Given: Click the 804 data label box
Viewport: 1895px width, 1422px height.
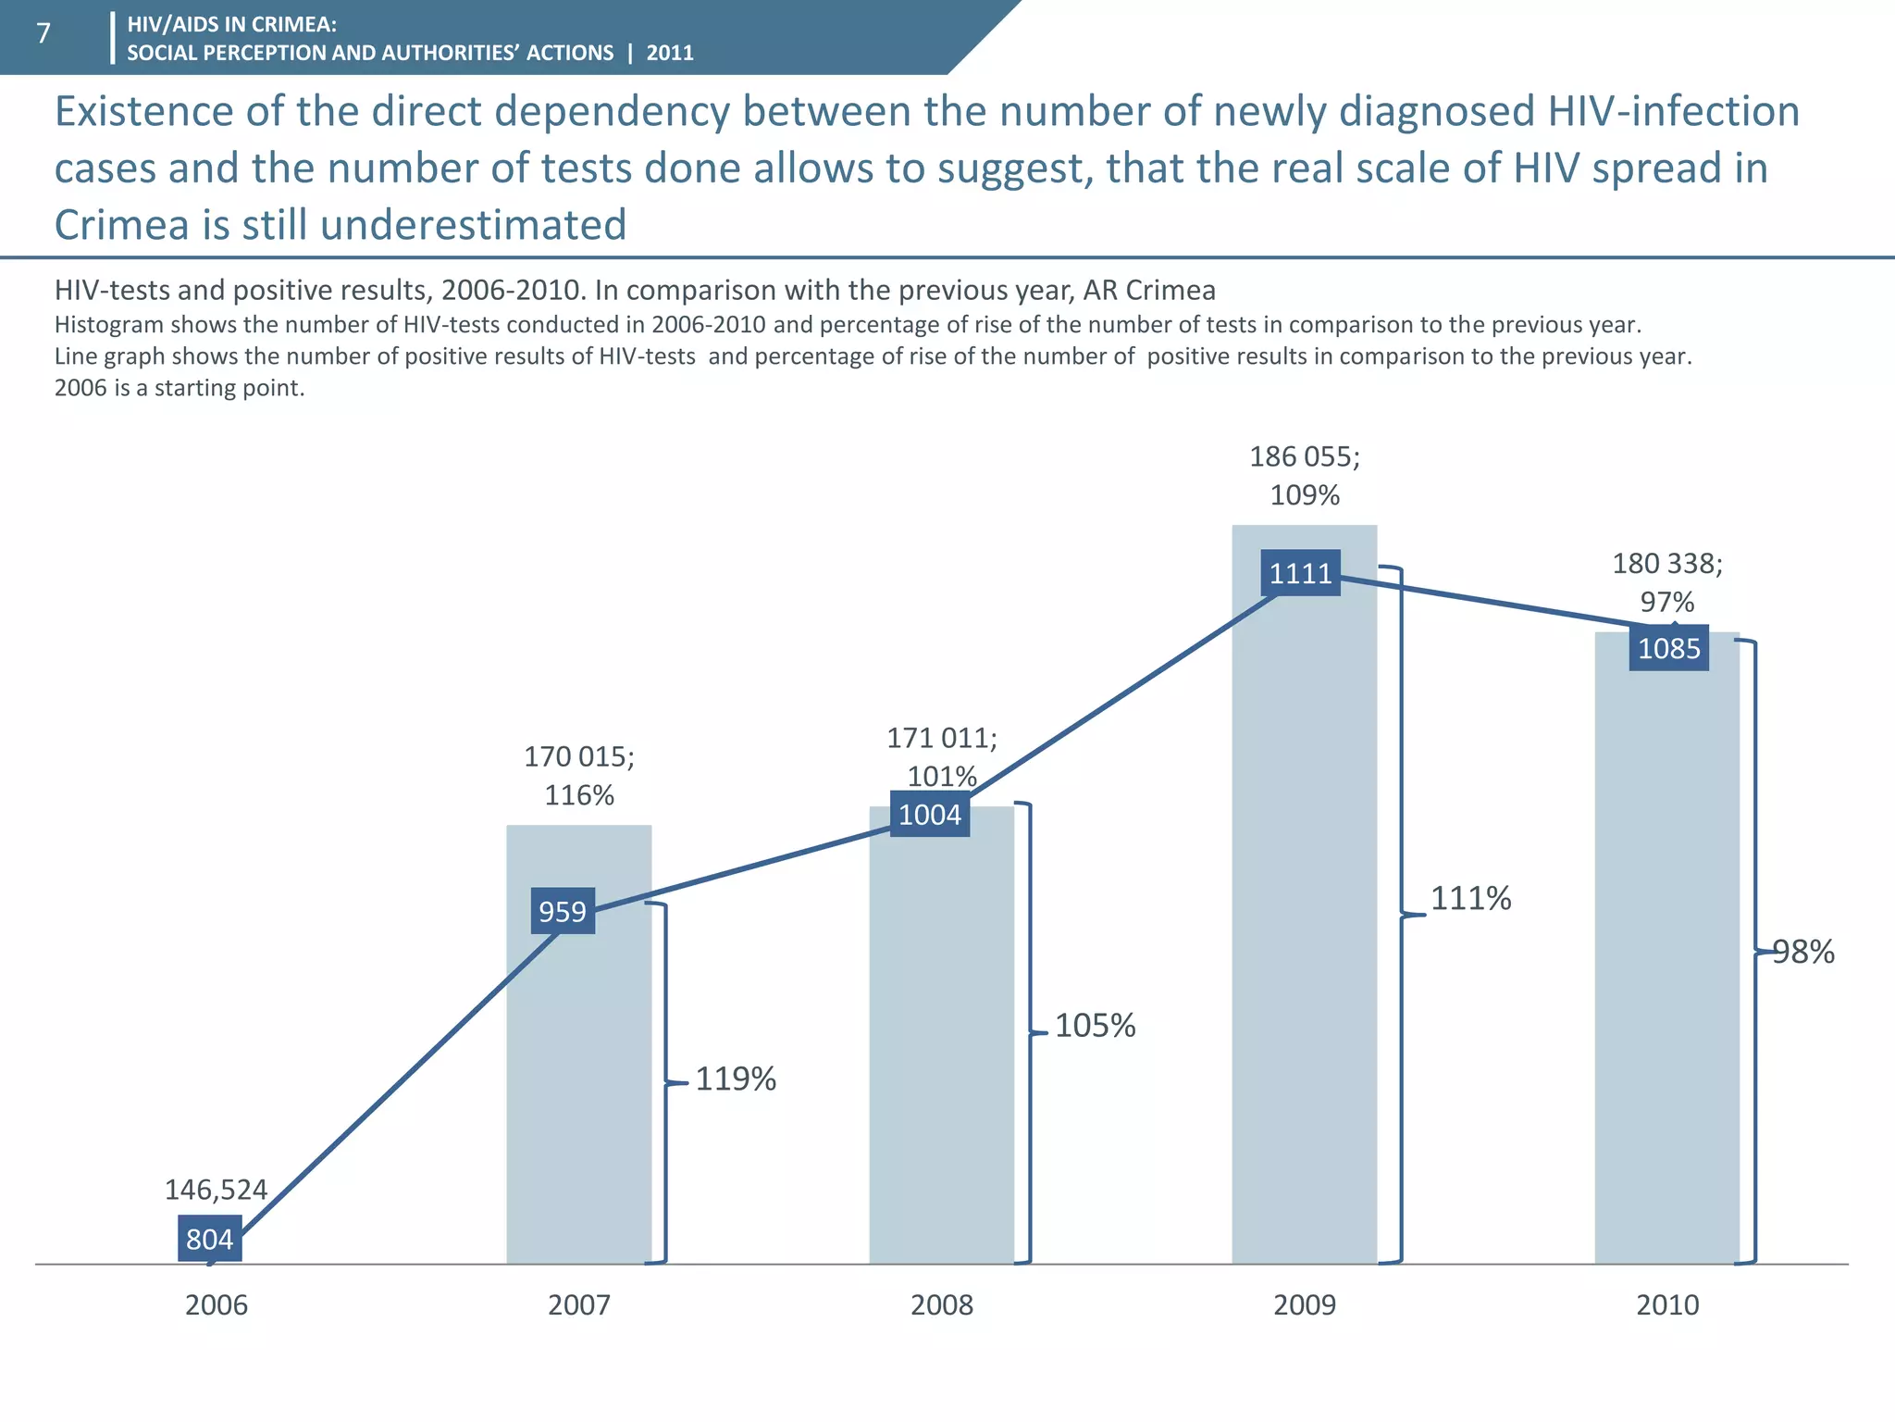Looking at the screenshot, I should [210, 1239].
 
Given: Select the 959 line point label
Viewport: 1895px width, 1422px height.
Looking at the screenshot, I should [563, 911].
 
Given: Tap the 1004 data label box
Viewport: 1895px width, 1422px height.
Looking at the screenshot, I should [930, 815].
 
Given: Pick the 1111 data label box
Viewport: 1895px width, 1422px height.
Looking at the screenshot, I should [1300, 573].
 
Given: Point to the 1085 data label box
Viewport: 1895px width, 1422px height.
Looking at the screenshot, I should [1668, 648].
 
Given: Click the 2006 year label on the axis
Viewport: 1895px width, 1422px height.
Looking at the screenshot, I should [217, 1305].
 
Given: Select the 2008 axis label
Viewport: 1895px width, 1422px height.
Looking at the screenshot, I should [942, 1305].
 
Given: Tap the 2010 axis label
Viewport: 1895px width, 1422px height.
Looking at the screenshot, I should [1667, 1305].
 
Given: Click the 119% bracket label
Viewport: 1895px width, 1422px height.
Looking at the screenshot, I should [736, 1079].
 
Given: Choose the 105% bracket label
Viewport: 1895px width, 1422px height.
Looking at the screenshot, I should [1095, 1026].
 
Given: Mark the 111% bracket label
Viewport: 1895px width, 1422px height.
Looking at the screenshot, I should [1470, 898].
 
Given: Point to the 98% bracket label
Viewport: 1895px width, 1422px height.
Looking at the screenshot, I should [1804, 952].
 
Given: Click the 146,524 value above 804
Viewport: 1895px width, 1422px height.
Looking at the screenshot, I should [216, 1190].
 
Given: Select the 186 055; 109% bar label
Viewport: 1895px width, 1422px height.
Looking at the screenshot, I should [1305, 476].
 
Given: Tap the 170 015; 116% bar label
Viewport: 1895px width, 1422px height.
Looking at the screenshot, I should [579, 776].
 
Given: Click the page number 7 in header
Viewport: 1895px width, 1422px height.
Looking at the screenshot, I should [43, 34].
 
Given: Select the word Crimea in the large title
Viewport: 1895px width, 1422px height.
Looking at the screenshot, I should [120, 225].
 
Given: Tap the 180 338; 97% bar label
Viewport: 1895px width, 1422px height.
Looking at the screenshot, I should [1667, 582].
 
